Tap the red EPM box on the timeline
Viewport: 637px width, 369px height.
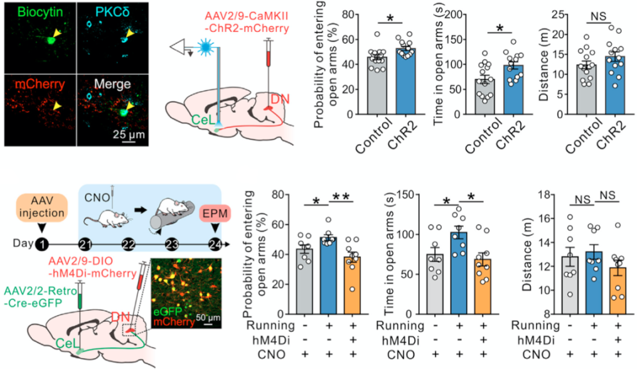[x=214, y=216]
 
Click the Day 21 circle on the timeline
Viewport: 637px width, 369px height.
[x=85, y=244]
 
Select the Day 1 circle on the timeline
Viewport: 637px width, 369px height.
[x=42, y=244]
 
